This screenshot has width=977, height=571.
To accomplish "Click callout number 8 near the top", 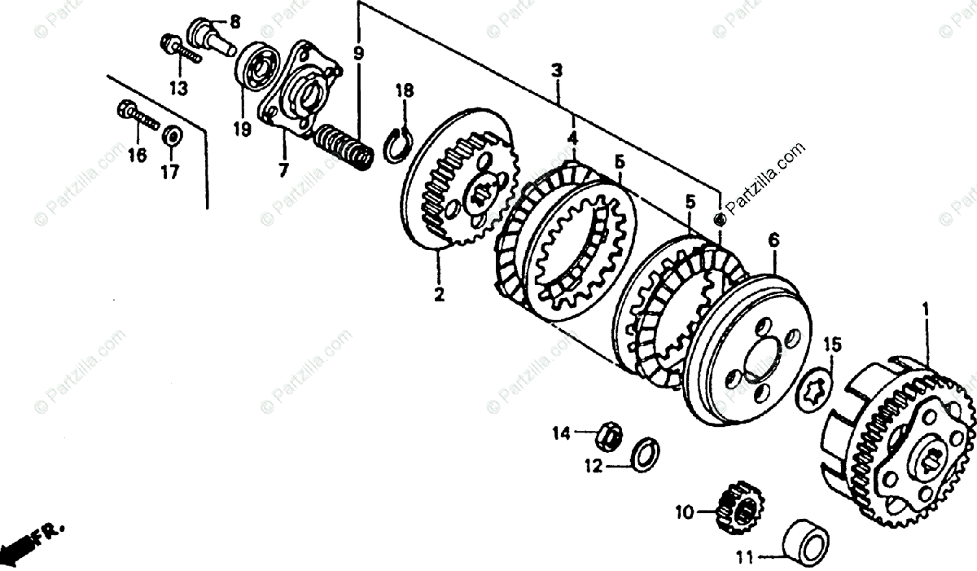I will pos(234,22).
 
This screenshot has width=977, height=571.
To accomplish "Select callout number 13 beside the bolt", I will pos(178,87).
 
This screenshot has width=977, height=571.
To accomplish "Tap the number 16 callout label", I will pos(136,155).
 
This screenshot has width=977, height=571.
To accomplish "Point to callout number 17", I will pos(169,172).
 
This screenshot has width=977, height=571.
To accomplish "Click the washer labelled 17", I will pos(172,135).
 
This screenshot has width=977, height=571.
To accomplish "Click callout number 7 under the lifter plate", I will pos(283,170).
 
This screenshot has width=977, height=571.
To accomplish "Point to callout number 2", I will pos(439,295).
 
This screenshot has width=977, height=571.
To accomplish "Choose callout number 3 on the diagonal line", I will pos(557,71).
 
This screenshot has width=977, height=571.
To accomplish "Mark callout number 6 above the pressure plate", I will pos(773,240).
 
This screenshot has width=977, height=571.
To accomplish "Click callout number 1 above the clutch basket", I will pos(925,310).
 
